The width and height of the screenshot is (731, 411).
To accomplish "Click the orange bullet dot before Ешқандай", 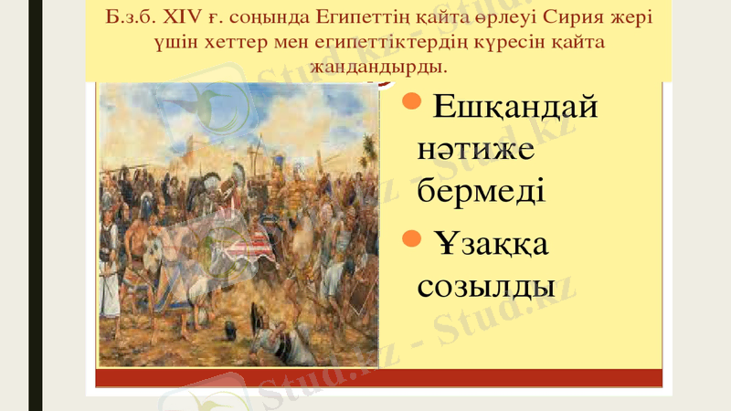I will [411, 99].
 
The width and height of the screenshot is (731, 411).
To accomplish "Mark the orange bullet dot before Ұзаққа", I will [411, 237].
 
